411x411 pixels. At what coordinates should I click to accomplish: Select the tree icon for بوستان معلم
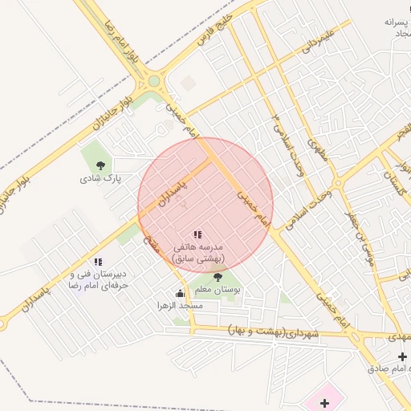[218, 277]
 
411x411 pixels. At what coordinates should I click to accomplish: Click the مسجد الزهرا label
[181, 306]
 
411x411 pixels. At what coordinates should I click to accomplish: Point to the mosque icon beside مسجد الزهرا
[179, 294]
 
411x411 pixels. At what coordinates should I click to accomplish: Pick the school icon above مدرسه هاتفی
[197, 234]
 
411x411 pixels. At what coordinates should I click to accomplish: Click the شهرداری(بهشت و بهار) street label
[274, 332]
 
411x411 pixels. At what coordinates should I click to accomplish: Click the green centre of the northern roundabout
[153, 81]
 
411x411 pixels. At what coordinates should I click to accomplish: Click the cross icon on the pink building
[326, 402]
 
